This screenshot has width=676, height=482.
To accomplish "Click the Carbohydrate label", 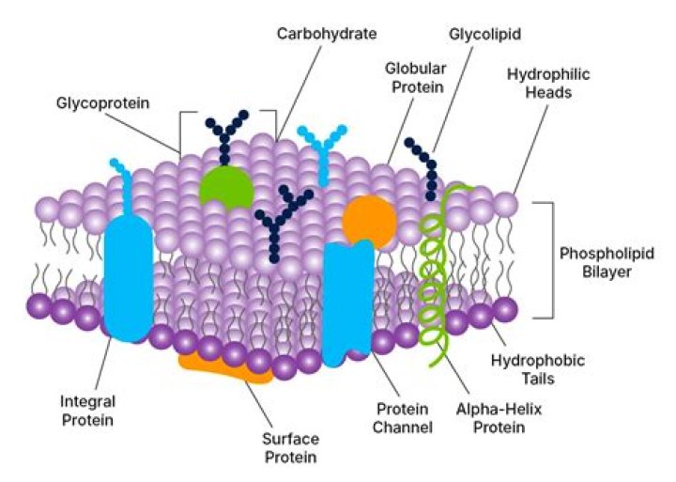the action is [327, 34].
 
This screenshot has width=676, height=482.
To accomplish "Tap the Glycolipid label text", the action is [484, 34].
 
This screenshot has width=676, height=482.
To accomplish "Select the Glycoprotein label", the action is [102, 103].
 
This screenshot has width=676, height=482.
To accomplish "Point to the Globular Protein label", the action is [415, 78].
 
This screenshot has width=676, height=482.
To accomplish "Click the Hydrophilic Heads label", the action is [548, 84].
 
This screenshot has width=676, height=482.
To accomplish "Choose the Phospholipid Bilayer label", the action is [607, 262].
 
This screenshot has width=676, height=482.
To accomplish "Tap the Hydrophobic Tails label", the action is [538, 369].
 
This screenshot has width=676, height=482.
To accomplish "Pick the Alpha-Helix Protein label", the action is [499, 418].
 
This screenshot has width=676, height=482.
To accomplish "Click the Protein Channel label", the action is [402, 418].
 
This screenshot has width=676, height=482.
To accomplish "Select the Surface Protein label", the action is [290, 448].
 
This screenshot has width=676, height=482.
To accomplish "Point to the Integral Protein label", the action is [87, 411].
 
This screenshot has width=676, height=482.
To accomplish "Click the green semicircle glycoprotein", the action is [226, 188].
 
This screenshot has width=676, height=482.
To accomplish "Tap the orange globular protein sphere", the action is [370, 222].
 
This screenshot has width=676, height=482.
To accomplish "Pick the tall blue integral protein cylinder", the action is [129, 278].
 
